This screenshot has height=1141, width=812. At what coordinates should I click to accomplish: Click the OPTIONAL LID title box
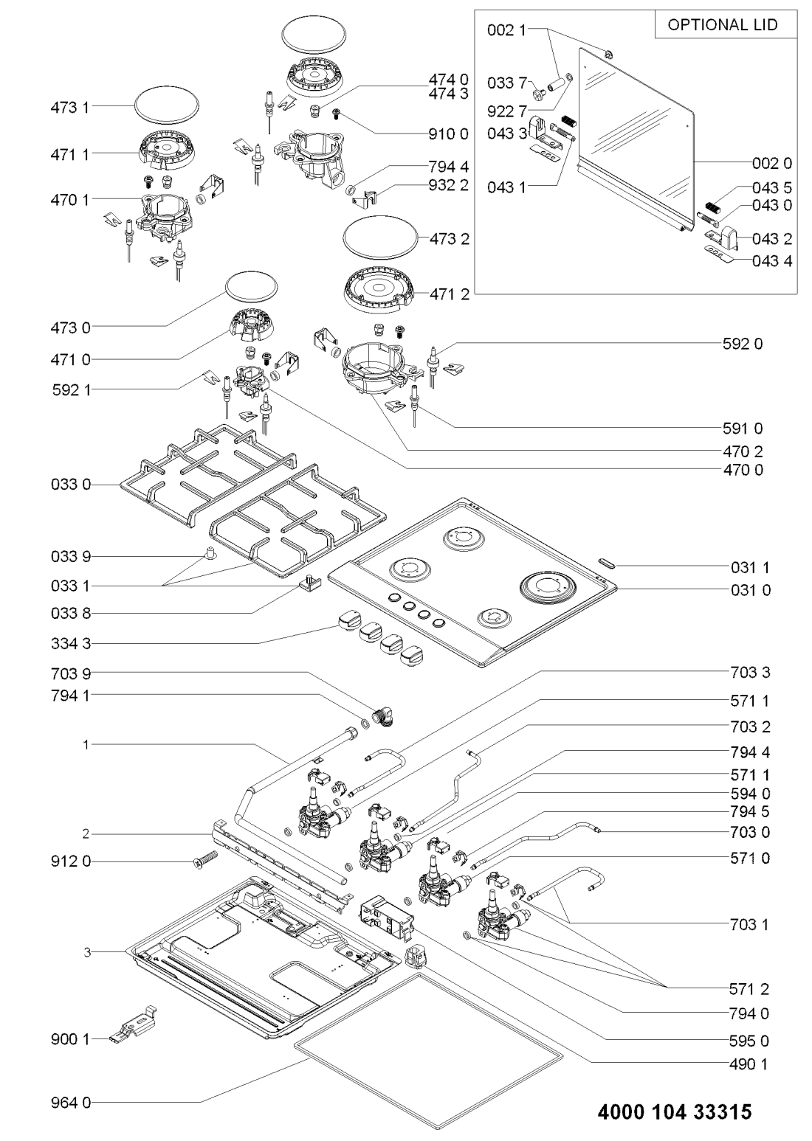(x=723, y=25)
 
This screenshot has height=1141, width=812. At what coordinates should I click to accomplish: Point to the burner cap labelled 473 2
(x=379, y=238)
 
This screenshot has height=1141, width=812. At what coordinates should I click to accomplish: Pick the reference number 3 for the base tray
(x=87, y=952)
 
